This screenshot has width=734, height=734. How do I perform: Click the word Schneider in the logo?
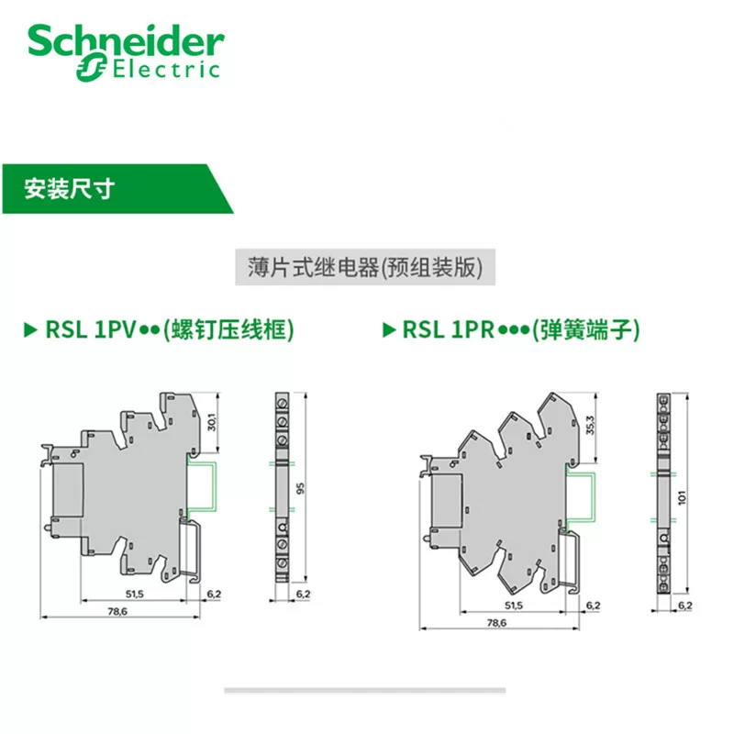pyautogui.click(x=126, y=41)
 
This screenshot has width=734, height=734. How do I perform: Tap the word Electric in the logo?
pyautogui.click(x=166, y=70)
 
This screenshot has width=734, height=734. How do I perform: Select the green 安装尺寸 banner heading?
pyautogui.click(x=70, y=189)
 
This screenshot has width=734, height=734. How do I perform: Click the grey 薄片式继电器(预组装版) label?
pyautogui.click(x=365, y=267)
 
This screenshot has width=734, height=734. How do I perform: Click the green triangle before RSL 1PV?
pyautogui.click(x=30, y=330)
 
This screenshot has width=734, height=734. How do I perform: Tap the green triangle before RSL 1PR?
pyautogui.click(x=389, y=330)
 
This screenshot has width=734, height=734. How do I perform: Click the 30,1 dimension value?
pyautogui.click(x=212, y=422)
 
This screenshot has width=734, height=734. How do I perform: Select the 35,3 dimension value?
pyautogui.click(x=590, y=425)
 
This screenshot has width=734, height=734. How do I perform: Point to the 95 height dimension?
pyautogui.click(x=301, y=488)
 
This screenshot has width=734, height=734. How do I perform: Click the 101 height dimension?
pyautogui.click(x=682, y=497)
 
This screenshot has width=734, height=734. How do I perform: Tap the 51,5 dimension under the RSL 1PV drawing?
pyautogui.click(x=134, y=595)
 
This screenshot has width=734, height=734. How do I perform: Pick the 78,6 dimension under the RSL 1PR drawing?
pyautogui.click(x=496, y=623)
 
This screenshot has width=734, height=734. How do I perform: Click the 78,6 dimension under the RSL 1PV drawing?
pyautogui.click(x=117, y=611)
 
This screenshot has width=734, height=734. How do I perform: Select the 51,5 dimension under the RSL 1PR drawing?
pyautogui.click(x=514, y=606)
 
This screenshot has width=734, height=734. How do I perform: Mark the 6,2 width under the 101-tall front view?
pyautogui.click(x=685, y=606)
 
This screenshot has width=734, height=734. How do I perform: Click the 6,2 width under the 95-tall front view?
pyautogui.click(x=304, y=595)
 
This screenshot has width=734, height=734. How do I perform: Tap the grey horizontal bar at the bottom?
pyautogui.click(x=365, y=690)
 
